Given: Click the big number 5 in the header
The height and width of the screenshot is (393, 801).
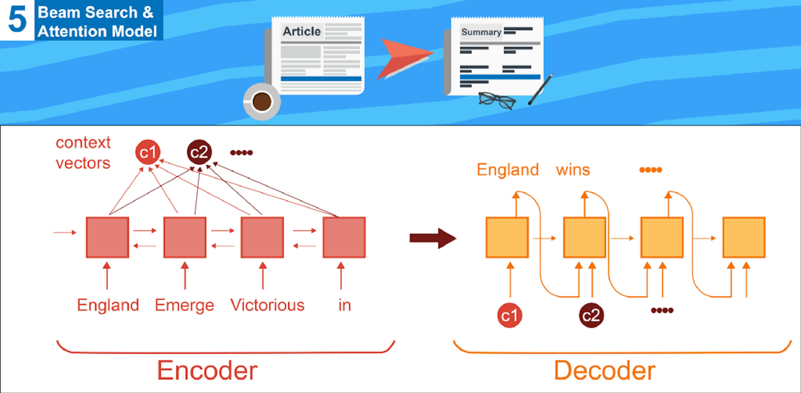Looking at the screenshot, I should click(17, 20).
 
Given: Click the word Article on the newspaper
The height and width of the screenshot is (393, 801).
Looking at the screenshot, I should click(301, 31).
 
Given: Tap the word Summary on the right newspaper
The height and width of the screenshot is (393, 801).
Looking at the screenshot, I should click(481, 32).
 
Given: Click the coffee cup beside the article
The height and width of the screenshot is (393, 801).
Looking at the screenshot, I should click(262, 102).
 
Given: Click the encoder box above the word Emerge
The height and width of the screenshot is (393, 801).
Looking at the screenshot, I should click(185, 237).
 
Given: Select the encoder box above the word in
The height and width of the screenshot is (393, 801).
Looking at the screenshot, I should click(344, 237).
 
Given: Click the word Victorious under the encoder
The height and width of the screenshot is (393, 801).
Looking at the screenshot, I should click(267, 305).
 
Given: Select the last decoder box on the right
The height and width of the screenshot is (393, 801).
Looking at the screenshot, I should click(744, 237).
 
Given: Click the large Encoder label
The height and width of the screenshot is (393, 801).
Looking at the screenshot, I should click(207, 370).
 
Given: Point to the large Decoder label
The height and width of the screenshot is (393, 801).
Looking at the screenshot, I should click(605, 370).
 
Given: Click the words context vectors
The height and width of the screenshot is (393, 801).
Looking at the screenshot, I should click(83, 153).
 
